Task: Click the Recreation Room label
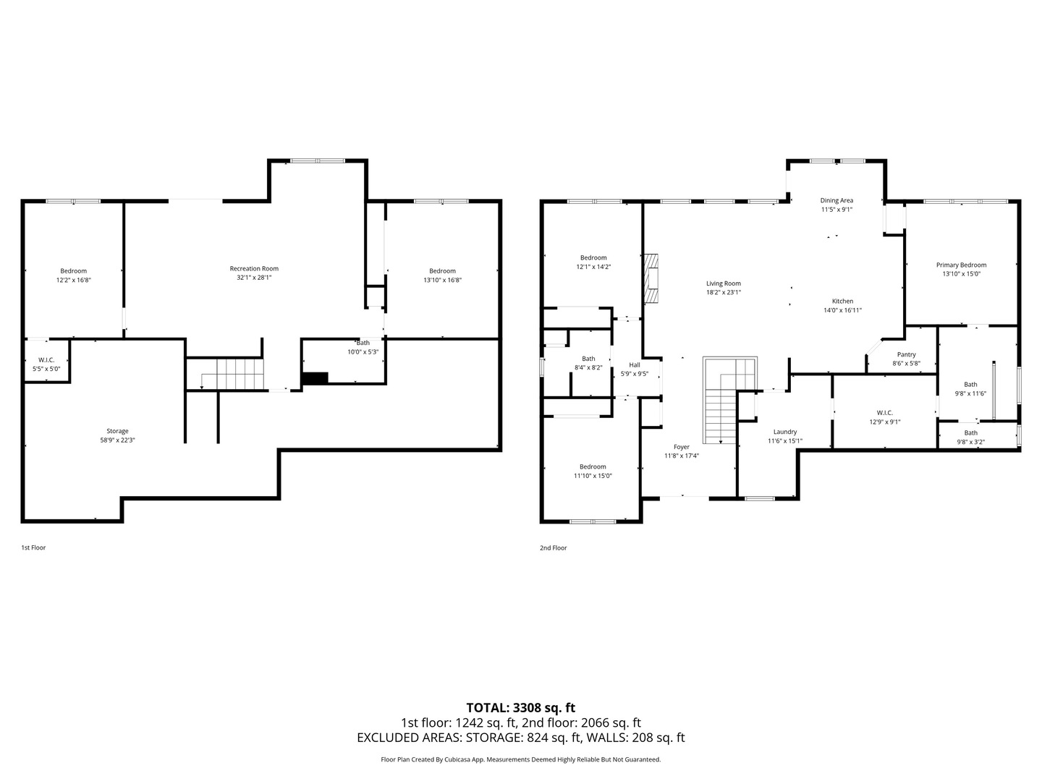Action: tap(254, 268)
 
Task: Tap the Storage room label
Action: tap(117, 431)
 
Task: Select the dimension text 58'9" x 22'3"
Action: tap(117, 440)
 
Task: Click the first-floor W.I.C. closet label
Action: tap(46, 360)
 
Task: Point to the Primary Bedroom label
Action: tap(961, 265)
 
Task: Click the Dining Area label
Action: tap(836, 200)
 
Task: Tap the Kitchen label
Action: tap(842, 301)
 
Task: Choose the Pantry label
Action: tap(906, 354)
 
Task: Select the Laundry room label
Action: tap(785, 432)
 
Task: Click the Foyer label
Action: tap(681, 447)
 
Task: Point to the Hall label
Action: tap(634, 364)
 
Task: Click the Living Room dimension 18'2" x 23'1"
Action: tap(724, 293)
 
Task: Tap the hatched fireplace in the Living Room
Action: tap(651, 278)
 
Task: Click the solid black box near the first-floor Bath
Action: tap(315, 378)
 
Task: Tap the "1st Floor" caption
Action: tap(33, 547)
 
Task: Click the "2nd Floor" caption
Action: tap(553, 547)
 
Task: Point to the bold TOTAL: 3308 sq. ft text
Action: tap(521, 707)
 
